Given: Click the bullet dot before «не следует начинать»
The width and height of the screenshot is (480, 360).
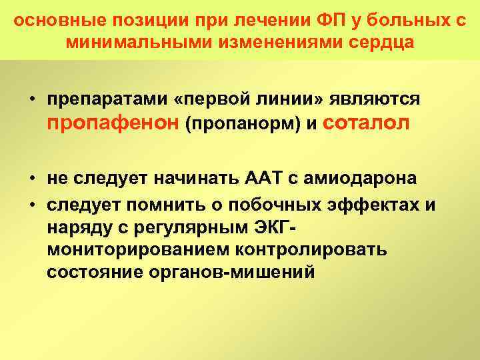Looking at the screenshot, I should click(x=32, y=179).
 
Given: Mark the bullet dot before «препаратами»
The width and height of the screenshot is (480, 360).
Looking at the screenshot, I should click(x=32, y=99).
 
